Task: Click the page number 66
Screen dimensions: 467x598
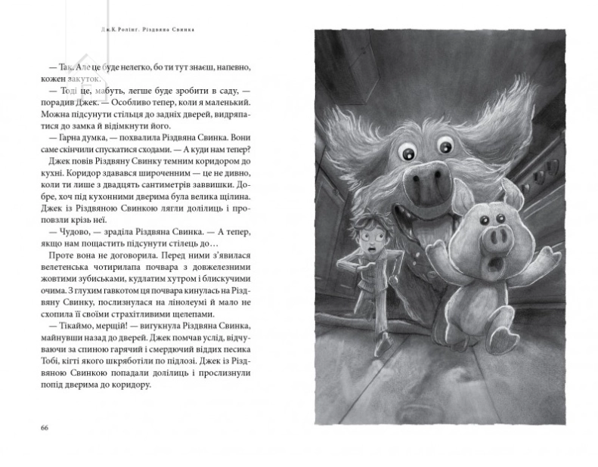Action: pyautogui.click(x=43, y=428)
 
